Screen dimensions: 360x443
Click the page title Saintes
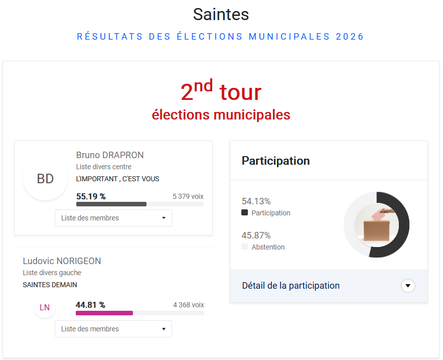click(x=221, y=15)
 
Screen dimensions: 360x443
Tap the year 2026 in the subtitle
click(x=350, y=37)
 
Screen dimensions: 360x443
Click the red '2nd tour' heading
click(x=221, y=92)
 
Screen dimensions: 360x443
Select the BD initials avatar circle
click(x=45, y=179)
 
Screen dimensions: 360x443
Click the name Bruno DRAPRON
click(x=110, y=155)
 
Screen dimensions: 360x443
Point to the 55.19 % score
click(x=91, y=196)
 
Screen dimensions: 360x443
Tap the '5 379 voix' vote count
click(x=188, y=196)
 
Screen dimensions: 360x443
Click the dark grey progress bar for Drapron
click(x=111, y=204)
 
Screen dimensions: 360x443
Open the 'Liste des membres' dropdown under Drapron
click(x=113, y=218)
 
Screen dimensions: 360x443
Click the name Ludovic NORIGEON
click(x=62, y=261)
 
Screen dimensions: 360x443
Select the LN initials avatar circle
click(x=45, y=307)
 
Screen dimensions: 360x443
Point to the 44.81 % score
click(x=90, y=305)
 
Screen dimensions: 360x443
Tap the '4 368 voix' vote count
click(x=188, y=305)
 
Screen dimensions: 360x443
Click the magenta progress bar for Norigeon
click(x=104, y=313)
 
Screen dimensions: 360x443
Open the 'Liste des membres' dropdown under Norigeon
click(x=113, y=329)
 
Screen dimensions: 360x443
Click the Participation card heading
click(x=275, y=161)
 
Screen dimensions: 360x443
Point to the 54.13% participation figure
click(x=256, y=201)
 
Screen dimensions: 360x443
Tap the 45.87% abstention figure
click(x=256, y=235)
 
